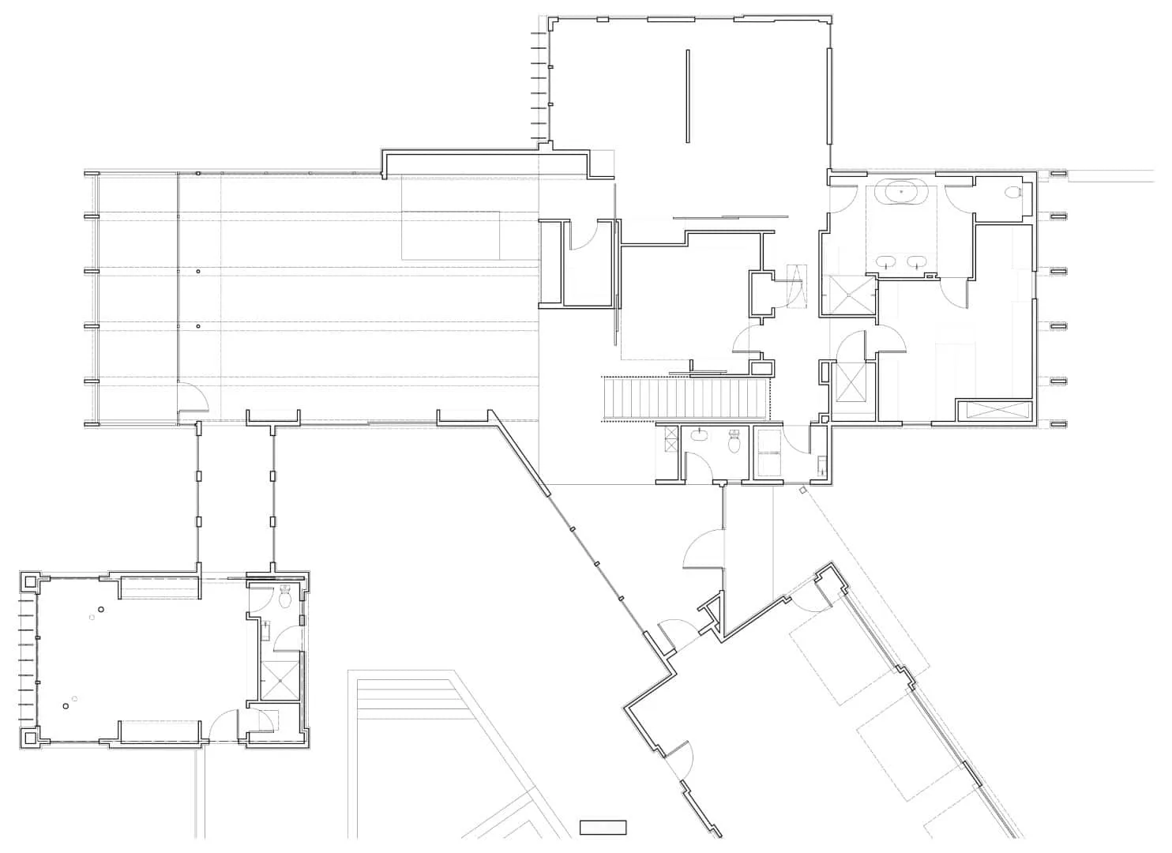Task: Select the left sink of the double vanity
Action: coord(888,261)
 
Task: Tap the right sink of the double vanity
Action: coord(916,261)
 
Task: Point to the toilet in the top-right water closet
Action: coord(1013,192)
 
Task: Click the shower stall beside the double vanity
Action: coord(848,294)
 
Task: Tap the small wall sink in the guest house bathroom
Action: coord(267,630)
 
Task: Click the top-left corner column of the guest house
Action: coord(29,582)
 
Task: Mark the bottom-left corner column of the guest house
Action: coord(29,738)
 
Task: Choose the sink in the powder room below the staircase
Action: coord(700,434)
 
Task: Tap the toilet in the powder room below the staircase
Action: coord(734,441)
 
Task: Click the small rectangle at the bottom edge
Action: coord(603,827)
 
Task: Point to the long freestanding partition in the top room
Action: coord(687,96)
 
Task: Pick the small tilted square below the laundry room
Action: coord(803,490)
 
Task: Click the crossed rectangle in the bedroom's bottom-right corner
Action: coord(994,409)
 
